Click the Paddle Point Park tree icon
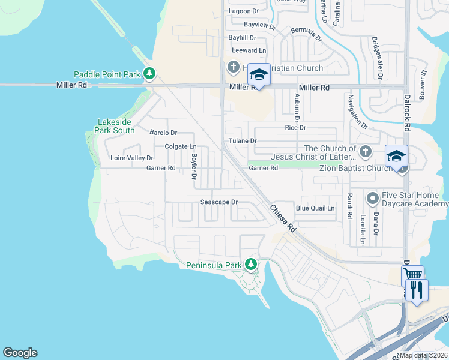click(x=149, y=74)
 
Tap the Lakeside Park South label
click(x=116, y=126)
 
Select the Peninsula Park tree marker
click(x=250, y=264)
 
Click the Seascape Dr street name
click(x=219, y=203)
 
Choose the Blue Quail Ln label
click(x=315, y=208)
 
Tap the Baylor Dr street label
click(x=194, y=166)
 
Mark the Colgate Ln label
click(x=181, y=146)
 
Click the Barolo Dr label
click(x=163, y=133)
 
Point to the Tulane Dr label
click(x=243, y=141)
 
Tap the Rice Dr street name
click(x=295, y=128)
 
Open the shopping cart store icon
click(x=412, y=275)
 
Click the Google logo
click(x=20, y=353)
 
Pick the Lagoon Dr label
click(x=244, y=11)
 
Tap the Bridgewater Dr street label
click(x=378, y=58)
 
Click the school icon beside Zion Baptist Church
click(x=396, y=156)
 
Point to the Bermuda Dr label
click(x=306, y=34)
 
